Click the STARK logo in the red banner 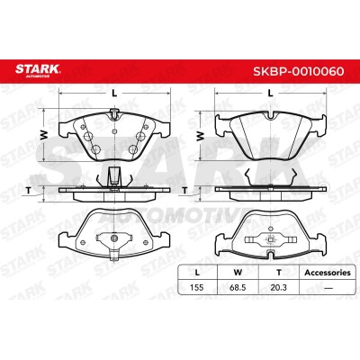pos(38,70)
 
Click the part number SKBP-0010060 pos(299,71)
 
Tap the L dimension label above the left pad pos(114,94)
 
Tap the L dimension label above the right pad pos(271,94)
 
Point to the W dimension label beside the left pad pos(44,135)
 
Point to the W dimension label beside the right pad pos(200,136)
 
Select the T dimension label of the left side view pos(29,190)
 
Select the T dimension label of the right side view pos(184,190)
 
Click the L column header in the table pos(197,273)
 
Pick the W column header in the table pos(238,273)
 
